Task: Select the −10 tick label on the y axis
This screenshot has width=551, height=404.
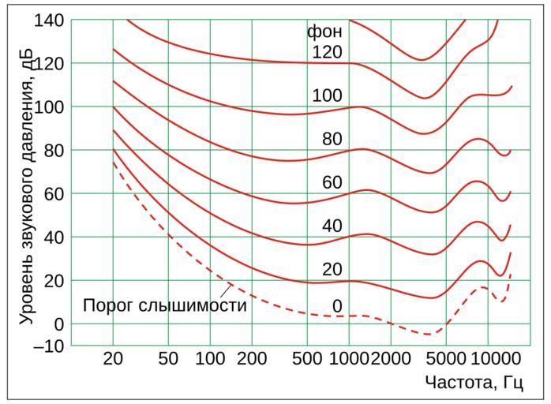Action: click(49, 346)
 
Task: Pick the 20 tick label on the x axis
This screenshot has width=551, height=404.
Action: click(114, 359)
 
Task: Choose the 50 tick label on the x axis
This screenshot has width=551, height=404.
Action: click(168, 359)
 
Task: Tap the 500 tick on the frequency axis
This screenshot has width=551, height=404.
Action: click(307, 359)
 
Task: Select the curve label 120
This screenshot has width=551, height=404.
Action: click(327, 53)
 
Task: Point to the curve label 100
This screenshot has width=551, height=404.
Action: click(327, 96)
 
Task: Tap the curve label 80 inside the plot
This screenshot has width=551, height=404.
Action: click(332, 140)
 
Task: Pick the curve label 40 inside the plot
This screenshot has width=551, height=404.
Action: click(332, 226)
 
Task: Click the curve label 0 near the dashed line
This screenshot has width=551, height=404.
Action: click(336, 306)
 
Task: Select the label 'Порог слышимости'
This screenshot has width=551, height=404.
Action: click(164, 305)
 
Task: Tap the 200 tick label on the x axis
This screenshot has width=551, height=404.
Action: click(251, 359)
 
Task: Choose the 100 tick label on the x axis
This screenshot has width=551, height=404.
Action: click(209, 359)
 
